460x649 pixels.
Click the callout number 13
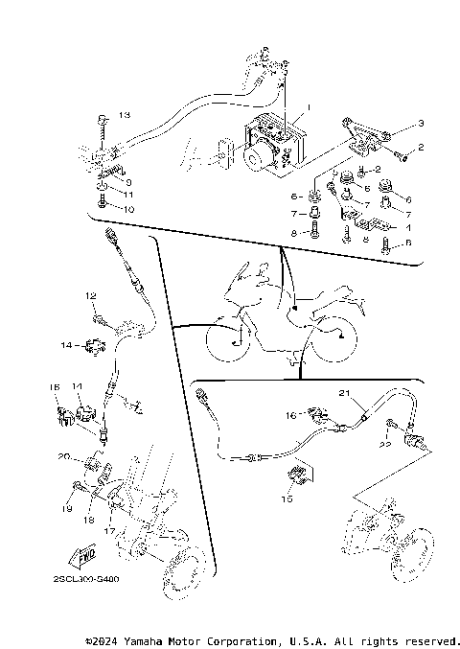[x=124, y=115]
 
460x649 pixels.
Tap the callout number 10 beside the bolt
[x=128, y=208]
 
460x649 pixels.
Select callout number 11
[x=128, y=194]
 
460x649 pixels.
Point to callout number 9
[x=128, y=181]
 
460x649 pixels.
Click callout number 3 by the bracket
[x=419, y=125]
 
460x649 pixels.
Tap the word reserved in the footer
[x=430, y=640]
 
